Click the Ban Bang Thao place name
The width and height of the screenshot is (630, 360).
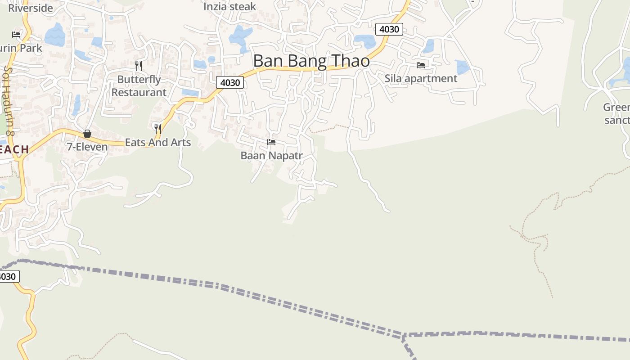coord(311,61)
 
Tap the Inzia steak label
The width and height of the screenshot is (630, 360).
coord(229,7)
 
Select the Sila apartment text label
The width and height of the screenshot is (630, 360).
coord(421,78)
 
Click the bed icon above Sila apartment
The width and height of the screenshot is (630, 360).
coord(421,65)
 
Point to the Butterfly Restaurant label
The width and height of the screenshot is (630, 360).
coord(139,86)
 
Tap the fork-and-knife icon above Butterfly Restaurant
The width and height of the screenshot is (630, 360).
coord(139,66)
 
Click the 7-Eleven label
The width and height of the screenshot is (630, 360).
coord(87,147)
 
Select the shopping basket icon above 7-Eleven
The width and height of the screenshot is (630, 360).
coord(87,134)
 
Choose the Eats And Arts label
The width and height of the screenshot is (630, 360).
coord(158,142)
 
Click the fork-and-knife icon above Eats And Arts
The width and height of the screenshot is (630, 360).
coord(157,129)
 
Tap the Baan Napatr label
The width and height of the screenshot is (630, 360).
coord(271,156)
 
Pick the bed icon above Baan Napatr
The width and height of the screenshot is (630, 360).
coord(271,142)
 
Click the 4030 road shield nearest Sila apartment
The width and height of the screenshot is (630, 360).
coord(389,29)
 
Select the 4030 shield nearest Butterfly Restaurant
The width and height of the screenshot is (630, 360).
coord(230,82)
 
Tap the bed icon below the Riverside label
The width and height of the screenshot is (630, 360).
coord(16,34)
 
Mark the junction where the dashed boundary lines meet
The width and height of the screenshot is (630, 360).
coord(404,336)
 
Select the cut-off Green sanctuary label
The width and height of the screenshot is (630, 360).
coord(616,114)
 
